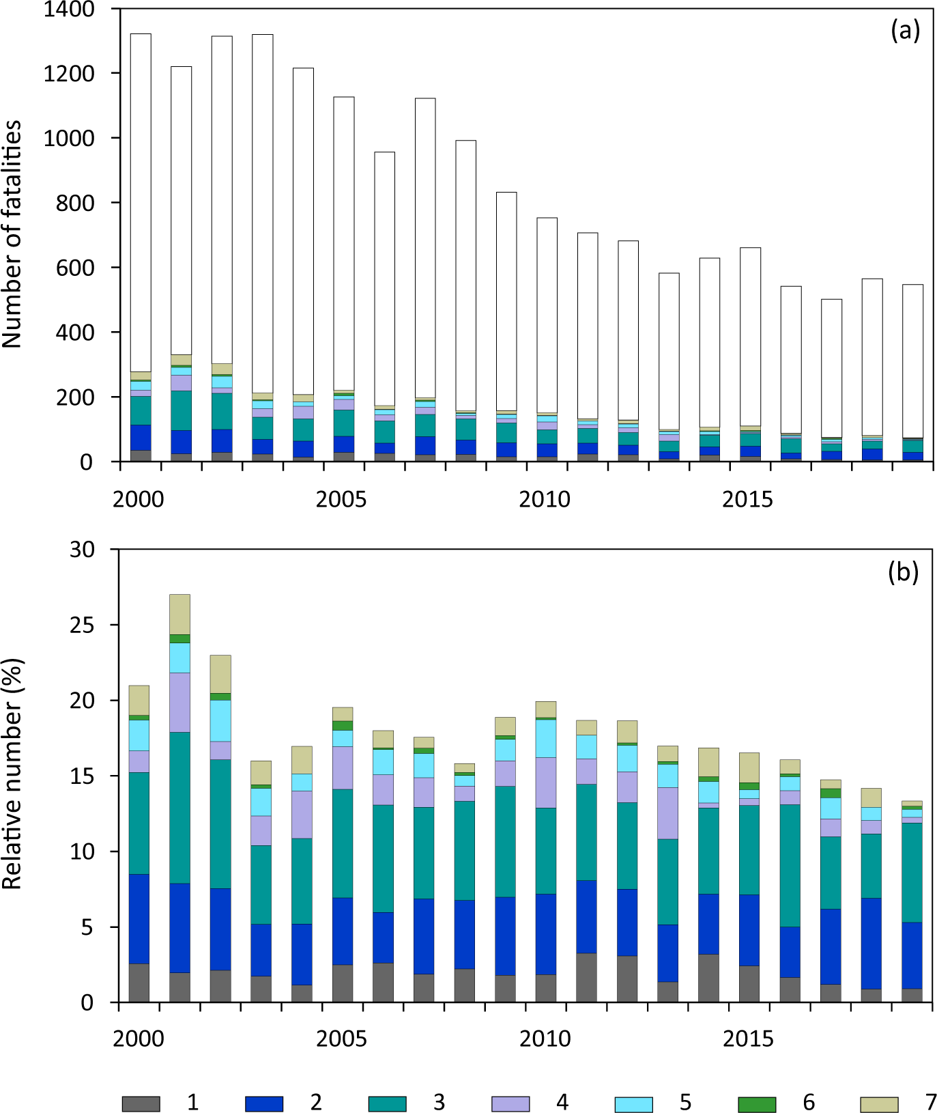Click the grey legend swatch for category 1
[141, 1103]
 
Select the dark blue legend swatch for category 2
[263, 1103]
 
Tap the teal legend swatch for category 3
[387, 1103]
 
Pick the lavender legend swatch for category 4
[510, 1103]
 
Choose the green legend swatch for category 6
[757, 1103]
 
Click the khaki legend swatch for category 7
[879, 1103]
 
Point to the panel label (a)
[905, 31]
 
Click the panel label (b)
[903, 572]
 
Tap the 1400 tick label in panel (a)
[68, 10]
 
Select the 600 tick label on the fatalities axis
[74, 268]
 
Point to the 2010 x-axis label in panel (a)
[544, 499]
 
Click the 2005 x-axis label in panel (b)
[341, 1039]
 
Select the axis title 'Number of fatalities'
[12, 234]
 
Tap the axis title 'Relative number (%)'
[12, 774]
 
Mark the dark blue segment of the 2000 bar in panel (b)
[139, 919]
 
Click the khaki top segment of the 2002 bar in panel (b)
[220, 674]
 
